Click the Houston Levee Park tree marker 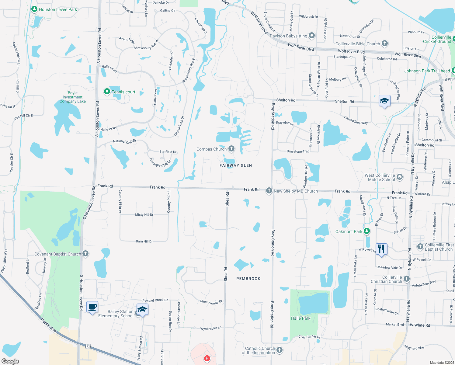[x=34, y=9]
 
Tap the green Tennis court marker [x=107, y=91]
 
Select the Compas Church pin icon [x=231, y=148]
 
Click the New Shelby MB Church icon [x=269, y=191]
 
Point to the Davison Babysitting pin [x=312, y=36]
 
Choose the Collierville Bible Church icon [x=385, y=43]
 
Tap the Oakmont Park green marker [x=367, y=231]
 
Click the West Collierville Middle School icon [x=400, y=177]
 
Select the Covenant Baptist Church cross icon [x=85, y=253]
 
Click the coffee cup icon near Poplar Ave [x=92, y=307]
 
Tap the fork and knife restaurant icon [x=381, y=249]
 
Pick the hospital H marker [x=207, y=358]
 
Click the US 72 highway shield [x=88, y=346]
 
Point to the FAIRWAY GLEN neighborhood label [x=236, y=165]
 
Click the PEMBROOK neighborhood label [x=248, y=279]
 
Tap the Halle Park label [x=300, y=318]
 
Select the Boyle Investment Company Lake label [x=73, y=97]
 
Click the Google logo [x=10, y=361]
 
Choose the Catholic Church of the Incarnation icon [x=280, y=350]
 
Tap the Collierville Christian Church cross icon [x=407, y=279]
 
